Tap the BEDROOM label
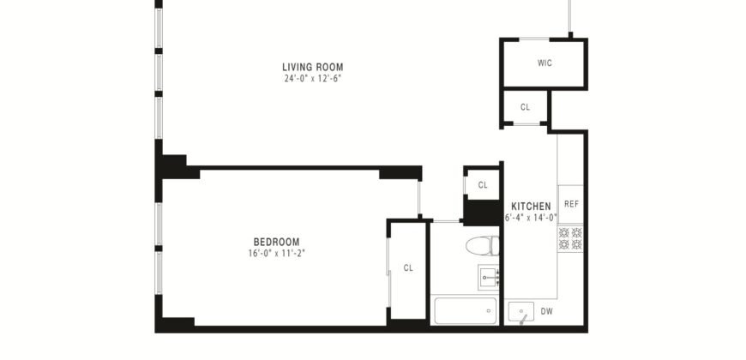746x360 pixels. (275, 242)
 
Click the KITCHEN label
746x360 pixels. (531, 207)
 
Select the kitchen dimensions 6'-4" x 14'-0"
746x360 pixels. (532, 218)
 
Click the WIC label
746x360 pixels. (544, 63)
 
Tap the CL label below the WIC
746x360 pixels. (526, 107)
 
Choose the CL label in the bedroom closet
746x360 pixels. (408, 268)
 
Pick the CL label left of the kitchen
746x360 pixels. (483, 184)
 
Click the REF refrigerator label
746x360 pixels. (571, 204)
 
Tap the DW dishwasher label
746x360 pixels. (546, 311)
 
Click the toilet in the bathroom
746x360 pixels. (483, 246)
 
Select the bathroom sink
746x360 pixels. (490, 277)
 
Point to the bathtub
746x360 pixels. (466, 310)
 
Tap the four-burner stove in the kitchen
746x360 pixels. (571, 238)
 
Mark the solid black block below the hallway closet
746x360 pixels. (482, 211)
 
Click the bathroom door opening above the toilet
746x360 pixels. (446, 221)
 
